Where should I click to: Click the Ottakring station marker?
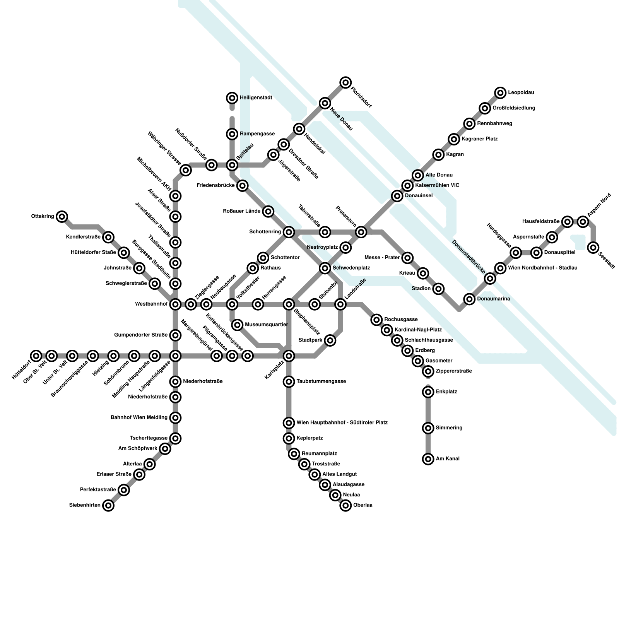(62, 217)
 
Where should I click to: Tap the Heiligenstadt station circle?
(232, 98)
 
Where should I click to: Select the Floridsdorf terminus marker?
(345, 82)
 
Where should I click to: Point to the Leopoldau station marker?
(500, 93)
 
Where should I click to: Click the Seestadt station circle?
(593, 247)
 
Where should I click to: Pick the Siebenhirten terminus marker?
(108, 505)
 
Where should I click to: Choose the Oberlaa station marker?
(345, 505)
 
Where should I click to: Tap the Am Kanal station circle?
(428, 459)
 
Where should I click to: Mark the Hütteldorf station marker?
(36, 356)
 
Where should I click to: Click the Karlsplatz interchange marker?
(289, 356)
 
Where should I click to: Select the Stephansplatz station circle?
(289, 304)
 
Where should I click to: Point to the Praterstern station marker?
(361, 232)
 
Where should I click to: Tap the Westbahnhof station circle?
(175, 304)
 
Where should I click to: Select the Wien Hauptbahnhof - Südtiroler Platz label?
(342, 422)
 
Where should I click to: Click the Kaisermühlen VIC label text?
(437, 185)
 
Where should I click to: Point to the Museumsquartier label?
(267, 324)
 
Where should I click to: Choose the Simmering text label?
(449, 428)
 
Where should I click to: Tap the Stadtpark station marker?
(330, 340)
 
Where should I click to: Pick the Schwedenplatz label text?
(351, 268)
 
